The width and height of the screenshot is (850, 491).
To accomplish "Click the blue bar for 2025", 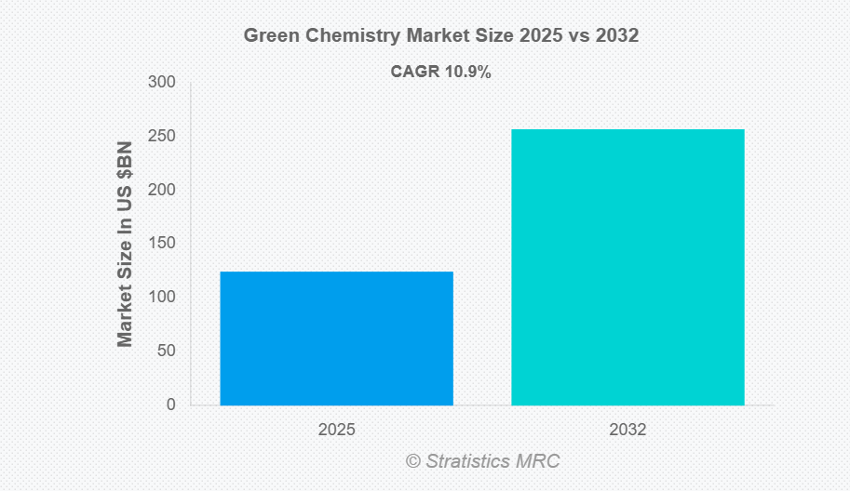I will coord(336,338).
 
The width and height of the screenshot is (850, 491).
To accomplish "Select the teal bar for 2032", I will coord(627,267).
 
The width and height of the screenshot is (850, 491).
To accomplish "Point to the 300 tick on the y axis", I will coord(162,83).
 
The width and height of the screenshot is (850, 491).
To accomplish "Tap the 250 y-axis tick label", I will coord(162,137).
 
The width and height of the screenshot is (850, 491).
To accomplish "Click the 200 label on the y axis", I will coord(162,190).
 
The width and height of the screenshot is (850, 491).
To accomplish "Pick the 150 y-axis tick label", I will coord(162,244).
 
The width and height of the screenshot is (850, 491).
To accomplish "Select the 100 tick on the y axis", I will coord(162,298).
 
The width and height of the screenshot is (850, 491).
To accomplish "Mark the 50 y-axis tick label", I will coord(166,351).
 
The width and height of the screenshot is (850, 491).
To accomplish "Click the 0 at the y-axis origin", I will coord(171,405).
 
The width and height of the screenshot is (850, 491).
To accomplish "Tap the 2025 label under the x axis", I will coord(336,431).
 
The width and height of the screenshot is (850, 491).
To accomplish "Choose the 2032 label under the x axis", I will coord(627,431).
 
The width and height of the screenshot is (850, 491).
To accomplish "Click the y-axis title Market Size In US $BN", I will coord(126,244).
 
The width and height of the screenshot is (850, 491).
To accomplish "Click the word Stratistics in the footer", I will coord(471,460).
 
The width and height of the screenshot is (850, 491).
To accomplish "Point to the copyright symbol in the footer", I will coord(413,460).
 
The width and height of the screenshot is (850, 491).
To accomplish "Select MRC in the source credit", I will coord(541,460).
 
